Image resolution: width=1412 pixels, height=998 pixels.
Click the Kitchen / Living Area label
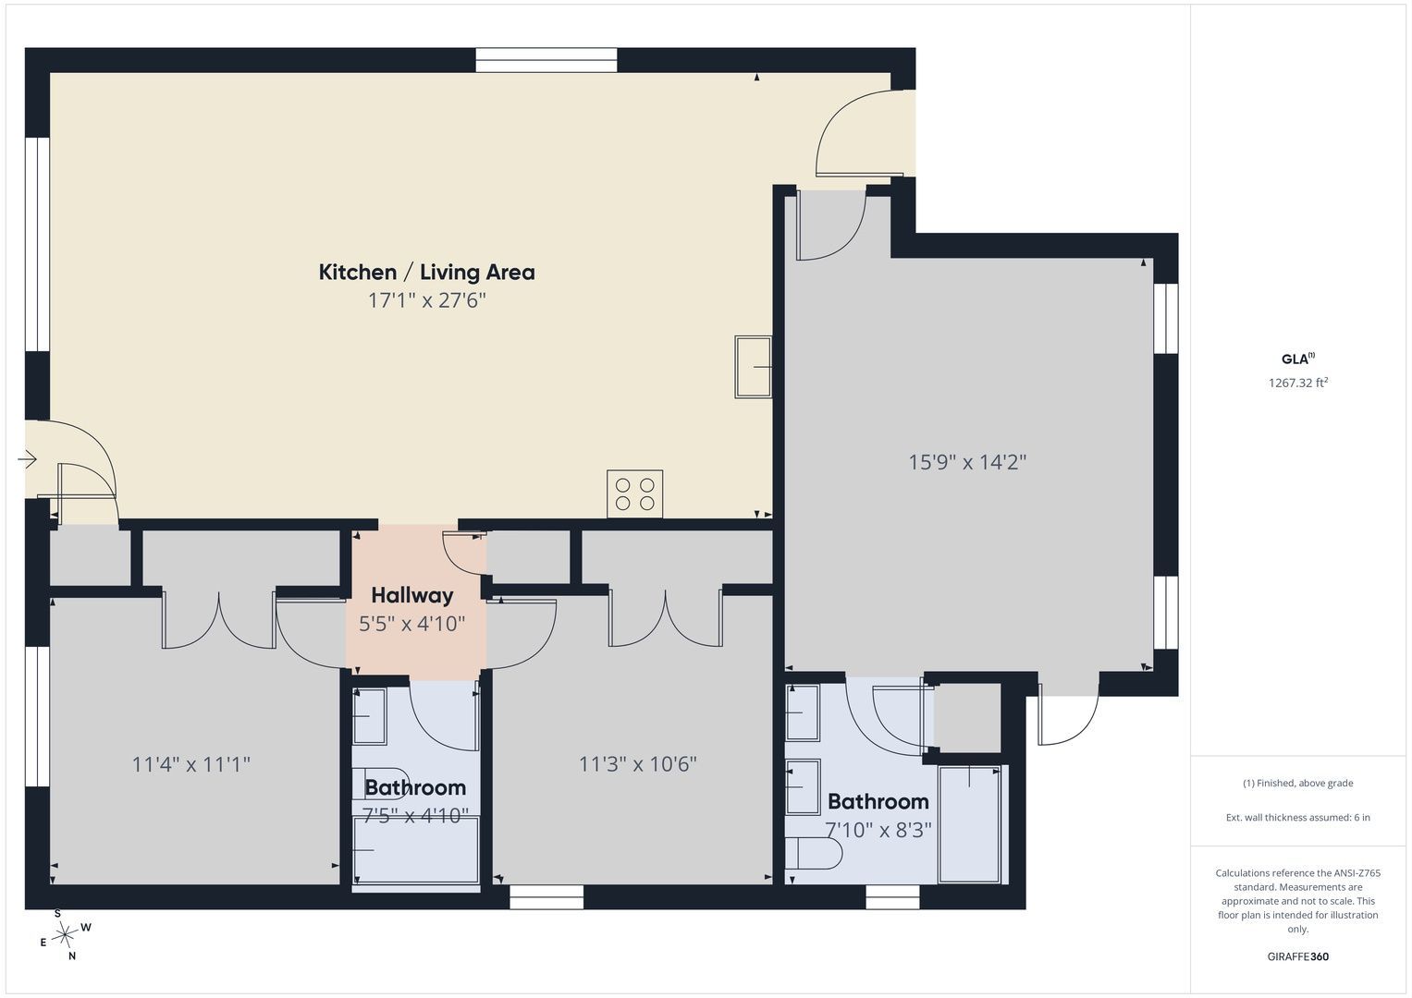[x=427, y=273]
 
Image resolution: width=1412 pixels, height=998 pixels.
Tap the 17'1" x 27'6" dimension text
[x=427, y=300]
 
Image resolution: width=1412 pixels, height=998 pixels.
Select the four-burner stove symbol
[x=634, y=494]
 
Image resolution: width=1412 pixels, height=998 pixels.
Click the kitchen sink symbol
[x=754, y=367]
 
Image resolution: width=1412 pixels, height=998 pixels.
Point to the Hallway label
[x=412, y=595]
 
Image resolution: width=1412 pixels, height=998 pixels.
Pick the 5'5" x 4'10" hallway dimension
[x=412, y=624]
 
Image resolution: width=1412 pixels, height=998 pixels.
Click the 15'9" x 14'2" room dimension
[x=967, y=462]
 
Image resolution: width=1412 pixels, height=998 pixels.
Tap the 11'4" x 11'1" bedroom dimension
[x=191, y=764]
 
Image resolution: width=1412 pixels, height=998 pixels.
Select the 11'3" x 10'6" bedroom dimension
[x=638, y=764]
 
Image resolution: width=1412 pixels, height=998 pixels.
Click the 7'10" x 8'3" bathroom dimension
[x=878, y=830]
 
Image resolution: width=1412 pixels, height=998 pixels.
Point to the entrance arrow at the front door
[x=27, y=460]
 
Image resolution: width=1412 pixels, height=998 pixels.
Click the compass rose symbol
[x=65, y=934]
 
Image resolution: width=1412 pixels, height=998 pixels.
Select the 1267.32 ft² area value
[x=1298, y=383]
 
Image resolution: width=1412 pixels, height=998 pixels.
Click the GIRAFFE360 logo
[x=1298, y=956]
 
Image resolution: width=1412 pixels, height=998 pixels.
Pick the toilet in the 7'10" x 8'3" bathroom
[x=814, y=854]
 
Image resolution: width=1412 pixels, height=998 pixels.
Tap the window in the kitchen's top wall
[x=546, y=60]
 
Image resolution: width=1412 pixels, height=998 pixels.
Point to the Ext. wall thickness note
[x=1298, y=817]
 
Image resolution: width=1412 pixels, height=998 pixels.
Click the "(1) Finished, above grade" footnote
[x=1298, y=784]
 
